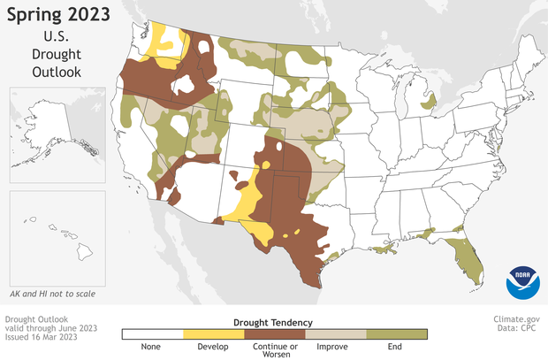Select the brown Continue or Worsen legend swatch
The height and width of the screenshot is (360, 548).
pos(274,334)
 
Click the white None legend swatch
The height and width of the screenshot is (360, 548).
pos(151,334)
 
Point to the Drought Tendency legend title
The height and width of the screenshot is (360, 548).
pos(274,323)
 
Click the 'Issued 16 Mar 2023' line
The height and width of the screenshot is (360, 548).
pos(42,338)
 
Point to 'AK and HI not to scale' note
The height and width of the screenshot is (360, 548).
pos(54,292)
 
